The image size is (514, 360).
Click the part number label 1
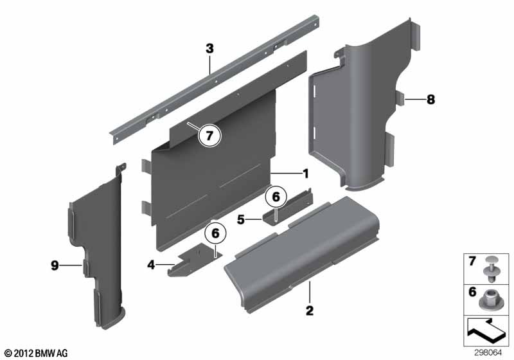click(x=306, y=174)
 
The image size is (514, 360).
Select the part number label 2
click(x=310, y=310)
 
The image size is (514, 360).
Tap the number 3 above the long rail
click(x=209, y=49)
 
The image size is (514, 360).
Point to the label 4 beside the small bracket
click(x=151, y=265)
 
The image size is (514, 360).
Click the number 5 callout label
click(x=241, y=219)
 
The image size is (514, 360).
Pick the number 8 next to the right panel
click(x=430, y=99)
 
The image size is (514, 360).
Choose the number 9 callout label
click(x=55, y=265)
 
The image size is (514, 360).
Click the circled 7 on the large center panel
click(x=209, y=135)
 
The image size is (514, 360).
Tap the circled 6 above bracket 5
click(x=276, y=197)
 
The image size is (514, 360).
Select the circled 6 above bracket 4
click(x=215, y=233)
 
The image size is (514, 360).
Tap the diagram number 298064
click(x=488, y=353)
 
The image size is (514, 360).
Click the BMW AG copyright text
click(x=37, y=353)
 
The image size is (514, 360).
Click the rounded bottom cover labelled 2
click(x=301, y=254)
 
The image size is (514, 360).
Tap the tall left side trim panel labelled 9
click(x=98, y=253)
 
